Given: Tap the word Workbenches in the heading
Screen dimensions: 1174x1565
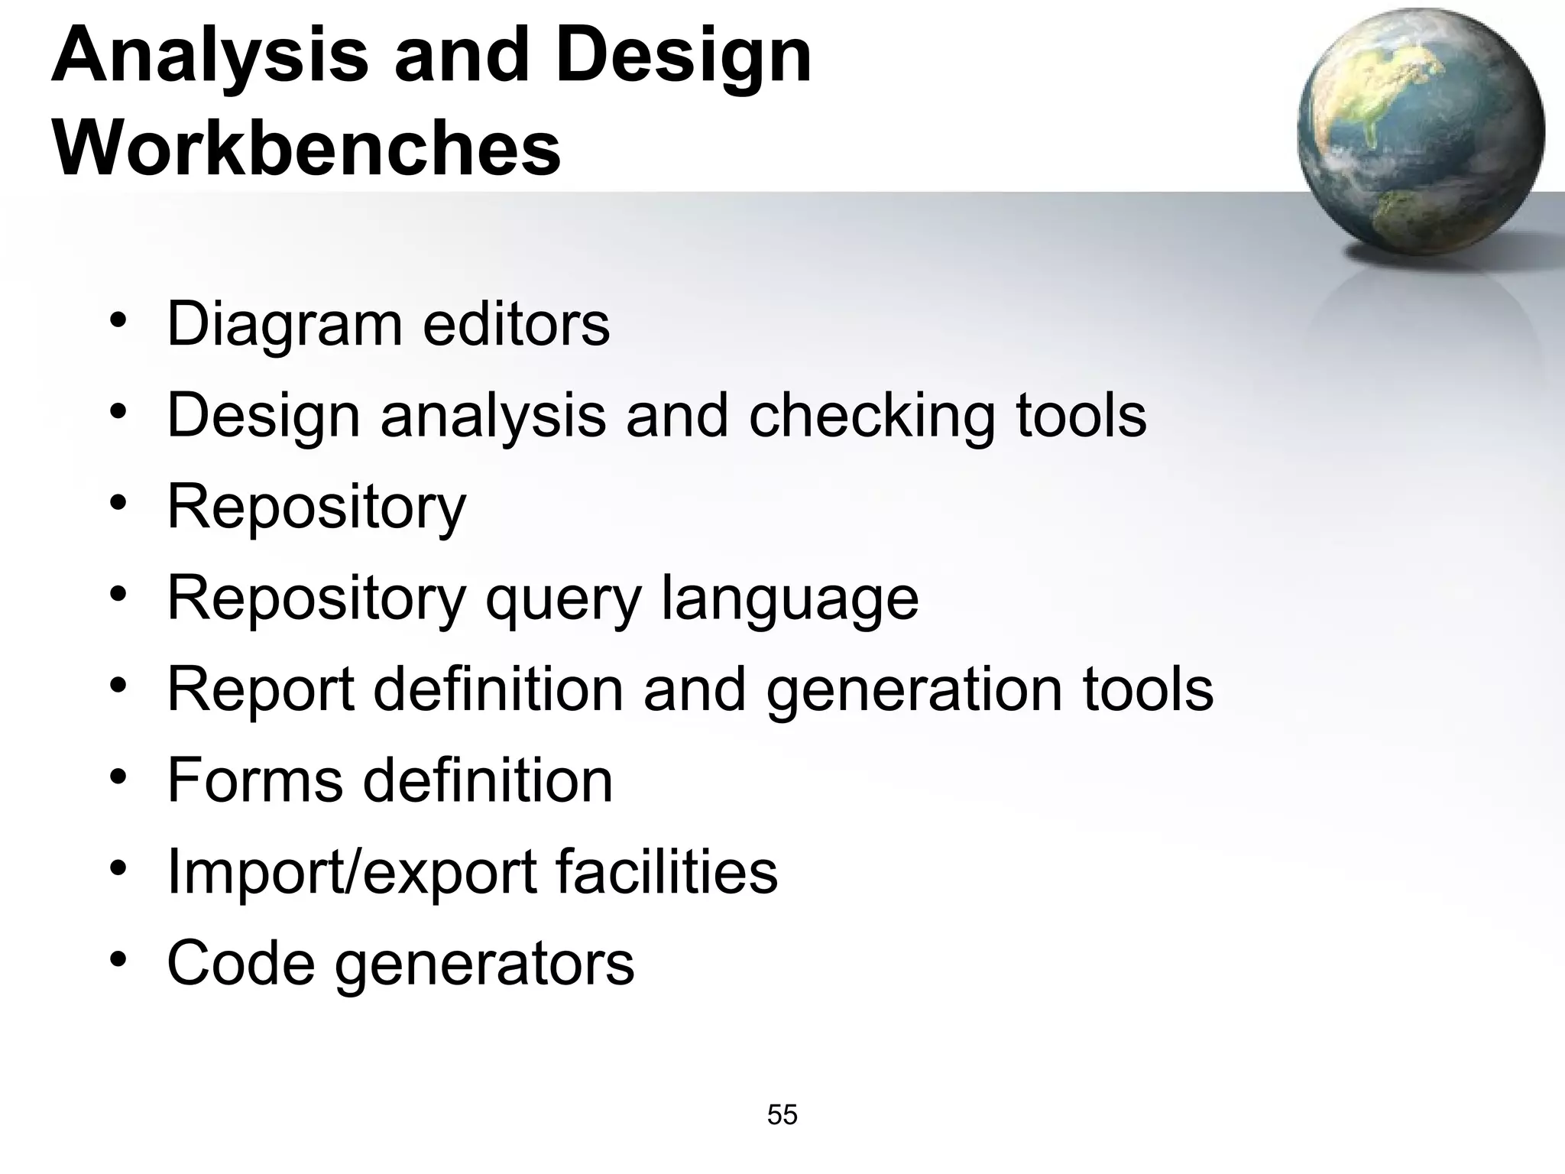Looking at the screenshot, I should coord(306,147).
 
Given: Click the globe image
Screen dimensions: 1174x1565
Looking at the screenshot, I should coord(1421,131).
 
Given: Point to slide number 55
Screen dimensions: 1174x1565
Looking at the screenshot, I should coord(782,1115).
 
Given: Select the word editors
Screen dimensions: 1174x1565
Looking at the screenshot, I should coord(517,323).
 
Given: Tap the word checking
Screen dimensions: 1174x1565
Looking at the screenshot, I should coord(871,417).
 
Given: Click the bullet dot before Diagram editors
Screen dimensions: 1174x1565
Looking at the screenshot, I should coord(118,319).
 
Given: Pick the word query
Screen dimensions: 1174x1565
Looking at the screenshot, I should coord(563,599).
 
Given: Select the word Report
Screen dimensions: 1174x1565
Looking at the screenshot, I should coord(261,689).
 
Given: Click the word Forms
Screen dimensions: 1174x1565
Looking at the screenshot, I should coord(255,780).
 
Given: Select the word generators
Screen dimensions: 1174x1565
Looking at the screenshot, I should coord(484,964).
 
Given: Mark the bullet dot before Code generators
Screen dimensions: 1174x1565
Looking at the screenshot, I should coord(118,958).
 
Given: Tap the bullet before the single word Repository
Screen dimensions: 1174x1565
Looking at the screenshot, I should coord(118,501).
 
